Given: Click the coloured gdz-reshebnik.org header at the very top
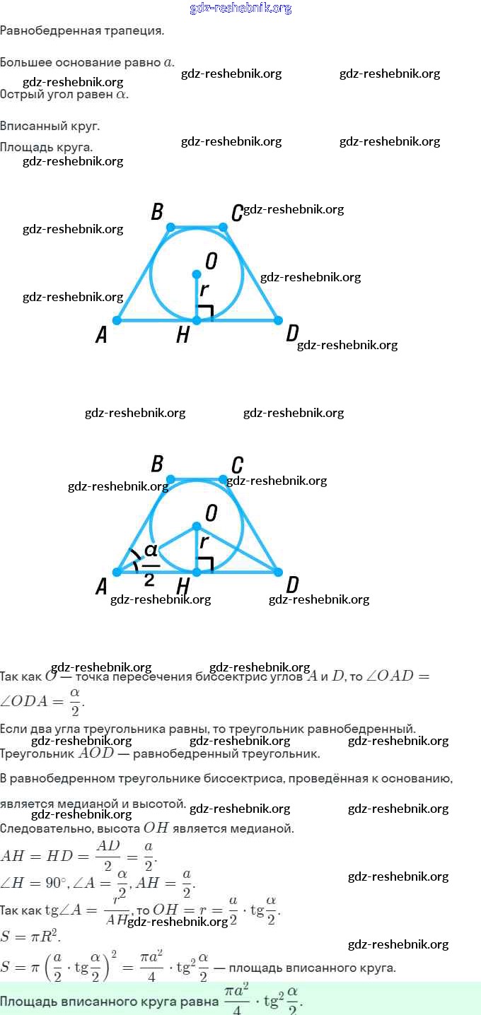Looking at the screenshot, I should pos(240,8).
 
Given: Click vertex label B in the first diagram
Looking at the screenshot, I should pos(158,211).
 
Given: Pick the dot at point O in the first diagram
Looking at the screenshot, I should pos(197,274).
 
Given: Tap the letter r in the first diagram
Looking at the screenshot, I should pos(204,290).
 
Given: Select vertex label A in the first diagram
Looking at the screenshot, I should pos(101,335).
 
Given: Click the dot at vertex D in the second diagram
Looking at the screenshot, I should pos(278,572).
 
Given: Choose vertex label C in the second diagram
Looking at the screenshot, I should pos(238,465).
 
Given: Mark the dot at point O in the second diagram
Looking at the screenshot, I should pos(197,527).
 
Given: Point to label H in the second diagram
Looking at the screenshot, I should pos(183,586).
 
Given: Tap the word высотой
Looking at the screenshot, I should pos(162,804).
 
